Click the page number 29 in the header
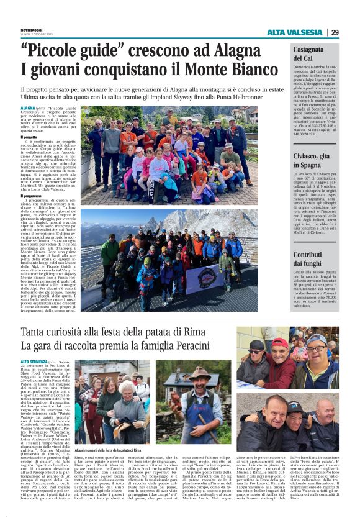click(x=335, y=32)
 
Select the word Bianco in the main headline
click(x=230, y=70)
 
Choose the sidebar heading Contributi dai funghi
click(x=308, y=259)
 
